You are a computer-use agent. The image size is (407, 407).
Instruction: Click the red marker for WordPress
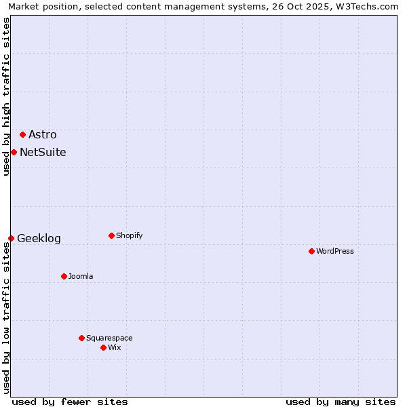coord(311,251)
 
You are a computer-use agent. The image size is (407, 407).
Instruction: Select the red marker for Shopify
coord(111,235)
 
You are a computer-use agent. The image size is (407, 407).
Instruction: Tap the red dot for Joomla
coord(64,276)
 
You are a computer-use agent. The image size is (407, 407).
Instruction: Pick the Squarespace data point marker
coord(81,338)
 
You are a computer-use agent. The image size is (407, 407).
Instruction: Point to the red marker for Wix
coord(103,347)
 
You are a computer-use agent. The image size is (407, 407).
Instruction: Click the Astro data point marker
coord(22,134)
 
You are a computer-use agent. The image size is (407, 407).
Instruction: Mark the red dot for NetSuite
coord(14,152)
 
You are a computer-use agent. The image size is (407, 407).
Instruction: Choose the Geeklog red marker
coord(11,238)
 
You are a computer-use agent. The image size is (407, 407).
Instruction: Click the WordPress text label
coord(335,251)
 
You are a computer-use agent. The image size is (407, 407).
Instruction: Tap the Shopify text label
coord(130,235)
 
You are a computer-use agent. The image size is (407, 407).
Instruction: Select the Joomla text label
coord(81,276)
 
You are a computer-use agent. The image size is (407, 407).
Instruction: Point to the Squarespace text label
coord(109,338)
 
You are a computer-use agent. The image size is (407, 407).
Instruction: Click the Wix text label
coord(115,347)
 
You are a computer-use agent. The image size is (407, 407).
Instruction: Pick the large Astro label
coord(43,134)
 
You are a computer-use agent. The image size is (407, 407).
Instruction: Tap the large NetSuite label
coord(43,152)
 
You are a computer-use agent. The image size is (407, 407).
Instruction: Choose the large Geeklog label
coord(39,238)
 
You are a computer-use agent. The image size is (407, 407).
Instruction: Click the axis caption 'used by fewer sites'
coord(70,402)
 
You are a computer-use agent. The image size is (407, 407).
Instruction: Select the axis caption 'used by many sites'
coord(341,402)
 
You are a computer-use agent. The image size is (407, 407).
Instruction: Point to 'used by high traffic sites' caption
coord(6,96)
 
